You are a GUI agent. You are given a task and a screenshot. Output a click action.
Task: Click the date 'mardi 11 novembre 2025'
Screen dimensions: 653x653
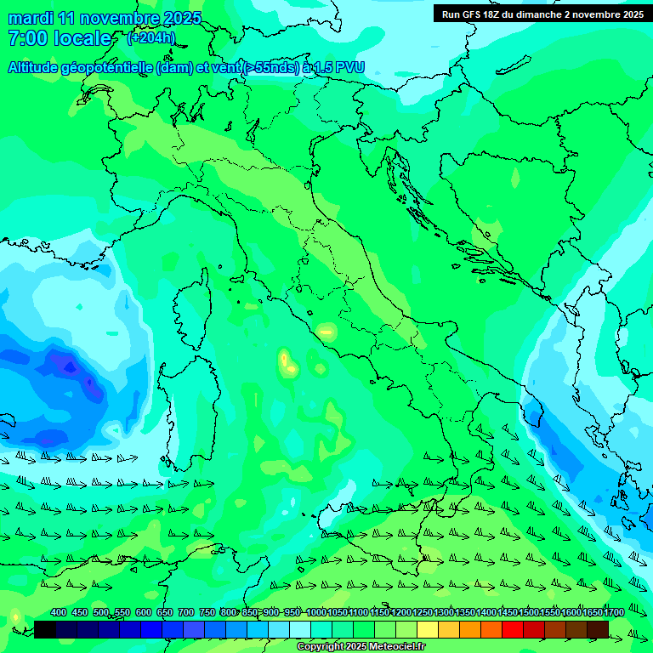point(105,18)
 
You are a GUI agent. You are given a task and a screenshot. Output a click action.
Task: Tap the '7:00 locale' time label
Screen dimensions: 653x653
point(60,38)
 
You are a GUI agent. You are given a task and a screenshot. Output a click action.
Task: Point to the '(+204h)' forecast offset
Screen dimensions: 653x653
point(150,37)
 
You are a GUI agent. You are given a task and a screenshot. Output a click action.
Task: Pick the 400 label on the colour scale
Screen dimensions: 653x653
point(59,612)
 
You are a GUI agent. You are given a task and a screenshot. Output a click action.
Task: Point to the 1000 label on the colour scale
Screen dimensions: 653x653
point(315,612)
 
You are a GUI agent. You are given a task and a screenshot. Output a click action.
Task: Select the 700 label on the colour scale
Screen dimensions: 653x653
point(186,612)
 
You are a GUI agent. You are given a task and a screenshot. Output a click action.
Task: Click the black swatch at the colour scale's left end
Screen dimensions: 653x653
point(45,629)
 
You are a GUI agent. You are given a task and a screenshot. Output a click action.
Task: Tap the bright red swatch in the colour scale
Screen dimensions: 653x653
point(513,629)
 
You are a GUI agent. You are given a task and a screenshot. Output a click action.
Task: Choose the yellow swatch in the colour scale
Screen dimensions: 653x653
point(428,629)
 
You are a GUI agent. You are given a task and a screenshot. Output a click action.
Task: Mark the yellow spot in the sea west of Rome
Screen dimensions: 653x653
point(287,363)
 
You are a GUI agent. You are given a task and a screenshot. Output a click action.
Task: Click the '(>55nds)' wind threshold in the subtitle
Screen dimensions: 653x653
point(270,68)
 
